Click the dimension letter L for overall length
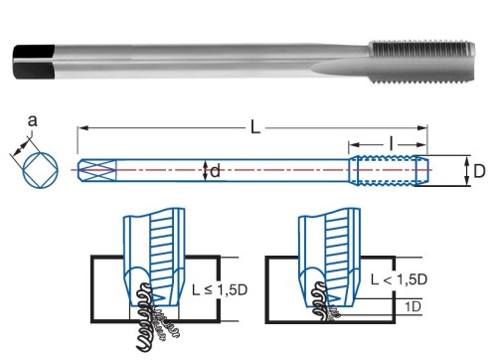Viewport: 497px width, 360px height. coord(255,127)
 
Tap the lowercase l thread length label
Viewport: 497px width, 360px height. coord(392,144)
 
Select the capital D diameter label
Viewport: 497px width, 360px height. coord(479,171)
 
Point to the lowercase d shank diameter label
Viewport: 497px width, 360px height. coord(215,171)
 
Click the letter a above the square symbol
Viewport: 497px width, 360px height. coord(32,121)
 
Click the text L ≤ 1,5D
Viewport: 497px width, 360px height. coord(220,290)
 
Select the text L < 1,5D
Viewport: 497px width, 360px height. coord(399,279)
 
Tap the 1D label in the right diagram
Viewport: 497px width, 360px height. coord(413,307)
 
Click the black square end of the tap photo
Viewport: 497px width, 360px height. coord(34,62)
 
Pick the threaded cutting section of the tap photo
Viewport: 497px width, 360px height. coord(421,63)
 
